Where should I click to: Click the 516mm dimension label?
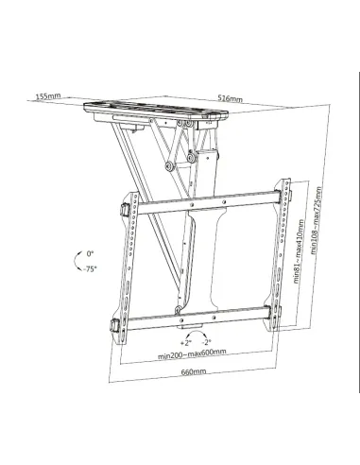click(x=230, y=98)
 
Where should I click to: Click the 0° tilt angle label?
click(x=91, y=254)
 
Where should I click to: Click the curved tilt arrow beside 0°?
click(x=76, y=261)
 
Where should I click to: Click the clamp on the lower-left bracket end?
click(x=114, y=328)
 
